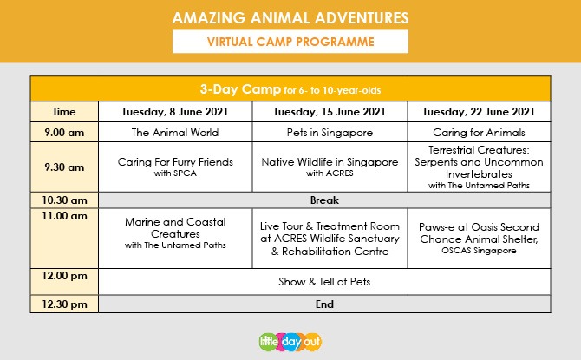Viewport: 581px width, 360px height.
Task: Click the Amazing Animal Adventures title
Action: (290, 18)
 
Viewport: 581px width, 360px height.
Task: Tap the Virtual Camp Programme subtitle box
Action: (290, 42)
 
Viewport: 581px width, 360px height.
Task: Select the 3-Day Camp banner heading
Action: (290, 89)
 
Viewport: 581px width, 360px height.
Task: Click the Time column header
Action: (64, 112)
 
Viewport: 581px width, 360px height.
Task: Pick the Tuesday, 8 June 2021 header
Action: (175, 112)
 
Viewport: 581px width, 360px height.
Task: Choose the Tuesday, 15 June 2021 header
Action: (330, 112)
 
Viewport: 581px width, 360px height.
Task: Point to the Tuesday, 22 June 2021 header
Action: (479, 112)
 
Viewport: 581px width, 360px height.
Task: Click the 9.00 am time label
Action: (64, 133)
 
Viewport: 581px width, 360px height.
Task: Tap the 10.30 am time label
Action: (64, 200)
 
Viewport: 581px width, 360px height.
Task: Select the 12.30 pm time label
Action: (64, 304)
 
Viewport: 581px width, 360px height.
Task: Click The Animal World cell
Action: (175, 133)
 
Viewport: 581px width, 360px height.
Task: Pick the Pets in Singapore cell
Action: (330, 133)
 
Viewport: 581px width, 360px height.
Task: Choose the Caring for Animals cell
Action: (479, 133)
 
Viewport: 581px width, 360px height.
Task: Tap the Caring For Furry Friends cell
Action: (175, 167)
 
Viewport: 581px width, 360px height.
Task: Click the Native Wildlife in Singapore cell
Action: (330, 167)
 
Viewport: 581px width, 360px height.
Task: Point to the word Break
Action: (324, 200)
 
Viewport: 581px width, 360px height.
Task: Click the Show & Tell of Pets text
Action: (324, 282)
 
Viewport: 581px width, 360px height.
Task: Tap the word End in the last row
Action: (324, 304)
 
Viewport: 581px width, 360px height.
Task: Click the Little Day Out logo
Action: (290, 342)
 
